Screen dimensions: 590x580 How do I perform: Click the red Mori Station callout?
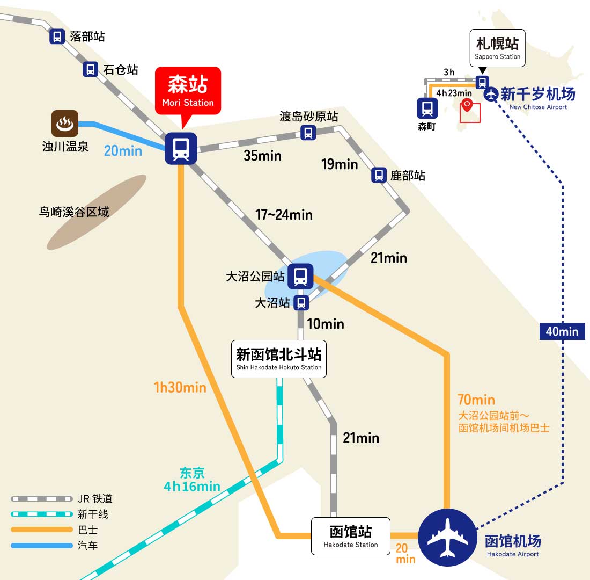188,90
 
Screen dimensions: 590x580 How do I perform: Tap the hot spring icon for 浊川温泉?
65,123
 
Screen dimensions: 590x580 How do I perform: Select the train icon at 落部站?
57,37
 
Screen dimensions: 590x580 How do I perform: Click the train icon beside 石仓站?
90,69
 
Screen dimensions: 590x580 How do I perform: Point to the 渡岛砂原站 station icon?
308,133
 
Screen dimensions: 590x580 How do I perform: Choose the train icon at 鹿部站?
379,175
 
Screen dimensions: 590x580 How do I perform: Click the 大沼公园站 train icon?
300,276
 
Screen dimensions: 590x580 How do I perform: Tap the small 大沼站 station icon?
301,303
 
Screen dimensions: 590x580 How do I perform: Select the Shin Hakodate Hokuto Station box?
279,359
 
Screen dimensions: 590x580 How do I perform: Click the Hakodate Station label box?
351,536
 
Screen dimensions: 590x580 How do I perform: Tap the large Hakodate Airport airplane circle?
447,538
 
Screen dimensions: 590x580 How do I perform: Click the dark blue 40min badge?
562,331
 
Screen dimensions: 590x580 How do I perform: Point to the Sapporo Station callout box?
497,48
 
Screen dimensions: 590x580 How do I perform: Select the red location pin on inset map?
467,104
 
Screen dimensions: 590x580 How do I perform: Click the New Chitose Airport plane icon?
491,94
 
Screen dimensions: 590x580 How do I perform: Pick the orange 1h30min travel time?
180,387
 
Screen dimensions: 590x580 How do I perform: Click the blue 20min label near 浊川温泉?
123,151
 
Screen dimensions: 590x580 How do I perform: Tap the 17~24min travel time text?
284,215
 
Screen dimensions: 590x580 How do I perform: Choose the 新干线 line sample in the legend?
42,514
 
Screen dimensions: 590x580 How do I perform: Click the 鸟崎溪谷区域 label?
74,212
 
